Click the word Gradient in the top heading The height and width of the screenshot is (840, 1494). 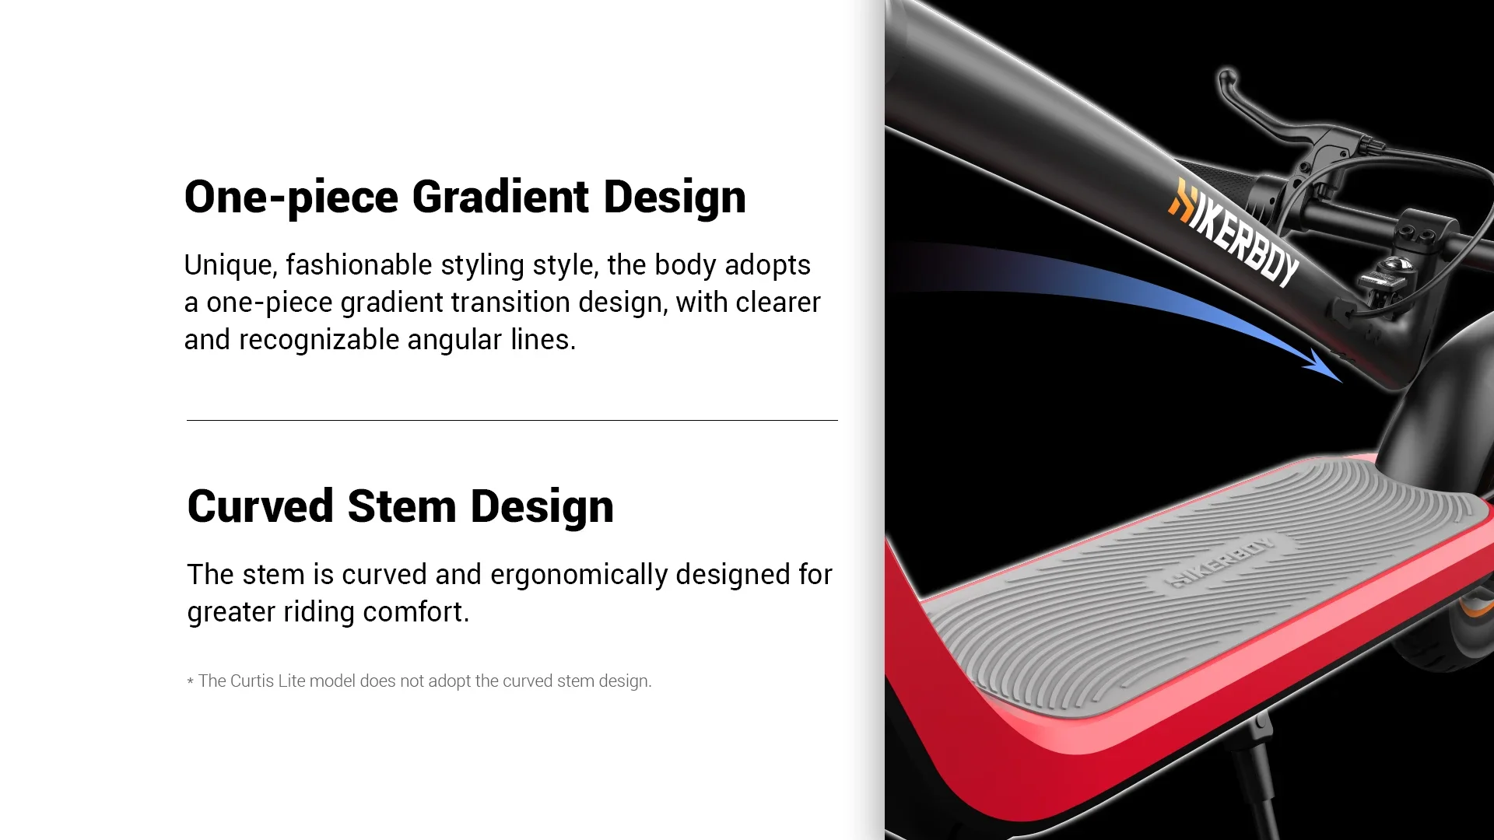[500, 196]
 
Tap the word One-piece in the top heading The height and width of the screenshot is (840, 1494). [291, 198]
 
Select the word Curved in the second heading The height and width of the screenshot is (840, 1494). [261, 506]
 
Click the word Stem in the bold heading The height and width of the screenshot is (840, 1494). [402, 506]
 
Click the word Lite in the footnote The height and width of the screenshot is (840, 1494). [291, 681]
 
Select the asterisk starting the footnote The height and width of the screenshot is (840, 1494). [191, 682]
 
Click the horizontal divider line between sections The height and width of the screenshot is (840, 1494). [512, 420]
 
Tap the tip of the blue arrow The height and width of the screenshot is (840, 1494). [1342, 382]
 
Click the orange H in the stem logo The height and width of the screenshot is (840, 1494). [1181, 200]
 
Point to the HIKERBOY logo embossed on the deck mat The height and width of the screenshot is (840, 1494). [1220, 562]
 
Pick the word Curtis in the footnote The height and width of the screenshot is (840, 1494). [252, 681]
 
